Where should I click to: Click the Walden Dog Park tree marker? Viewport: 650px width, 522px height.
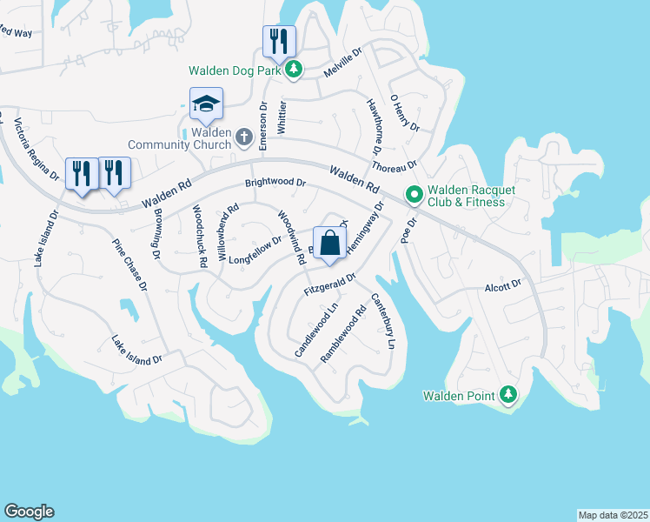(x=295, y=70)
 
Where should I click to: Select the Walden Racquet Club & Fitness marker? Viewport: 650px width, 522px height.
(x=415, y=196)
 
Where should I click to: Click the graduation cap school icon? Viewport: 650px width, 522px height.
(x=206, y=105)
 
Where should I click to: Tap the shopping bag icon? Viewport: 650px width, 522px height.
(x=330, y=244)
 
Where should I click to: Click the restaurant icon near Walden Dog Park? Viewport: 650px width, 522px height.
(x=279, y=41)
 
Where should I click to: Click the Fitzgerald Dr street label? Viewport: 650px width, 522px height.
(x=330, y=284)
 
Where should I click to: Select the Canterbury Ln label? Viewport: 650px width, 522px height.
(x=382, y=322)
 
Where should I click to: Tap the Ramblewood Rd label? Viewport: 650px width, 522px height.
(x=343, y=333)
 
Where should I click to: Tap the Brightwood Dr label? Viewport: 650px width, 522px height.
(x=275, y=184)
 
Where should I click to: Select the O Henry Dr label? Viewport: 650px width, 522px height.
(x=405, y=114)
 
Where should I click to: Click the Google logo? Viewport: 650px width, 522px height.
(x=29, y=512)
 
